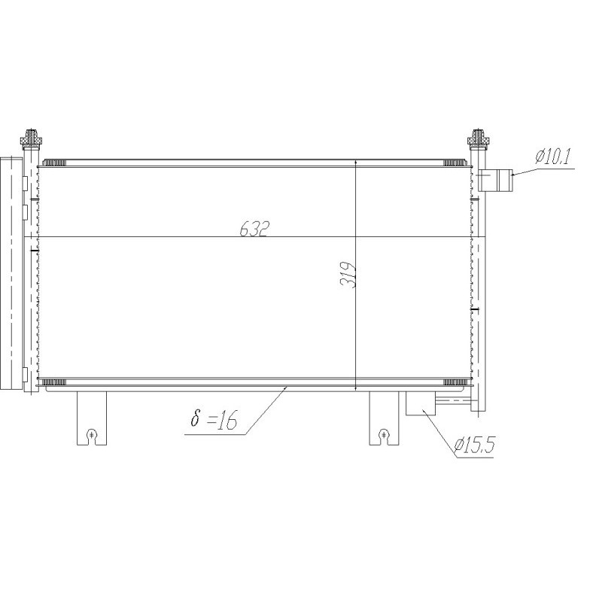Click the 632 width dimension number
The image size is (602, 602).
point(254,230)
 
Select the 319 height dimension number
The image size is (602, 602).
point(348,275)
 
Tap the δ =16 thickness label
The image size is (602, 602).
point(214,420)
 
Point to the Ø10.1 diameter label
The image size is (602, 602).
point(554,157)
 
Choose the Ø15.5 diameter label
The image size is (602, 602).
point(474,445)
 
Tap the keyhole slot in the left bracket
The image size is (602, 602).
point(91,433)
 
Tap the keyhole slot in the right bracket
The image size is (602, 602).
point(384,433)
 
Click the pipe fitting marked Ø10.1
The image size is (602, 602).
point(497,181)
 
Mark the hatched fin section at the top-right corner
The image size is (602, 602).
point(454,163)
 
